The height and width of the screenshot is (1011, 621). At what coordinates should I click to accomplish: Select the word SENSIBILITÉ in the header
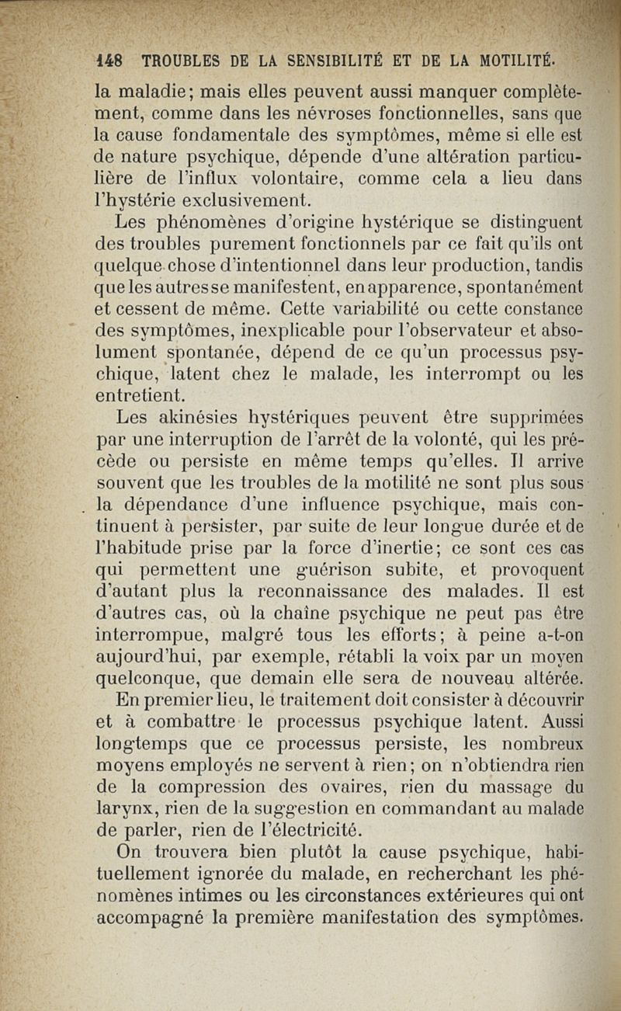click(325, 60)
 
